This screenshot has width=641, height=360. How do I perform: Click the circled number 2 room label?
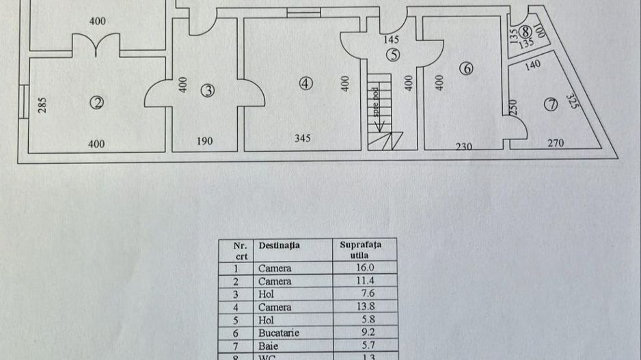(x=98, y=103)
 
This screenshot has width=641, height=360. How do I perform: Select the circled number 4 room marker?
(x=305, y=83)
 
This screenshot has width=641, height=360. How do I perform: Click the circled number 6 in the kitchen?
(x=467, y=69)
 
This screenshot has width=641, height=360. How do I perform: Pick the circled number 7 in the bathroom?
(x=551, y=105)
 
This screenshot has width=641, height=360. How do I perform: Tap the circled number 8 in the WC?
(x=525, y=31)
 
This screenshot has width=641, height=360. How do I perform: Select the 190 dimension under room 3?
(x=204, y=141)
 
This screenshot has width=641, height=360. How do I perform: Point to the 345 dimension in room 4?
(x=303, y=139)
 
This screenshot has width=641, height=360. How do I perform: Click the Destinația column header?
(x=279, y=245)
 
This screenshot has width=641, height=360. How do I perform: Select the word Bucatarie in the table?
(x=279, y=333)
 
